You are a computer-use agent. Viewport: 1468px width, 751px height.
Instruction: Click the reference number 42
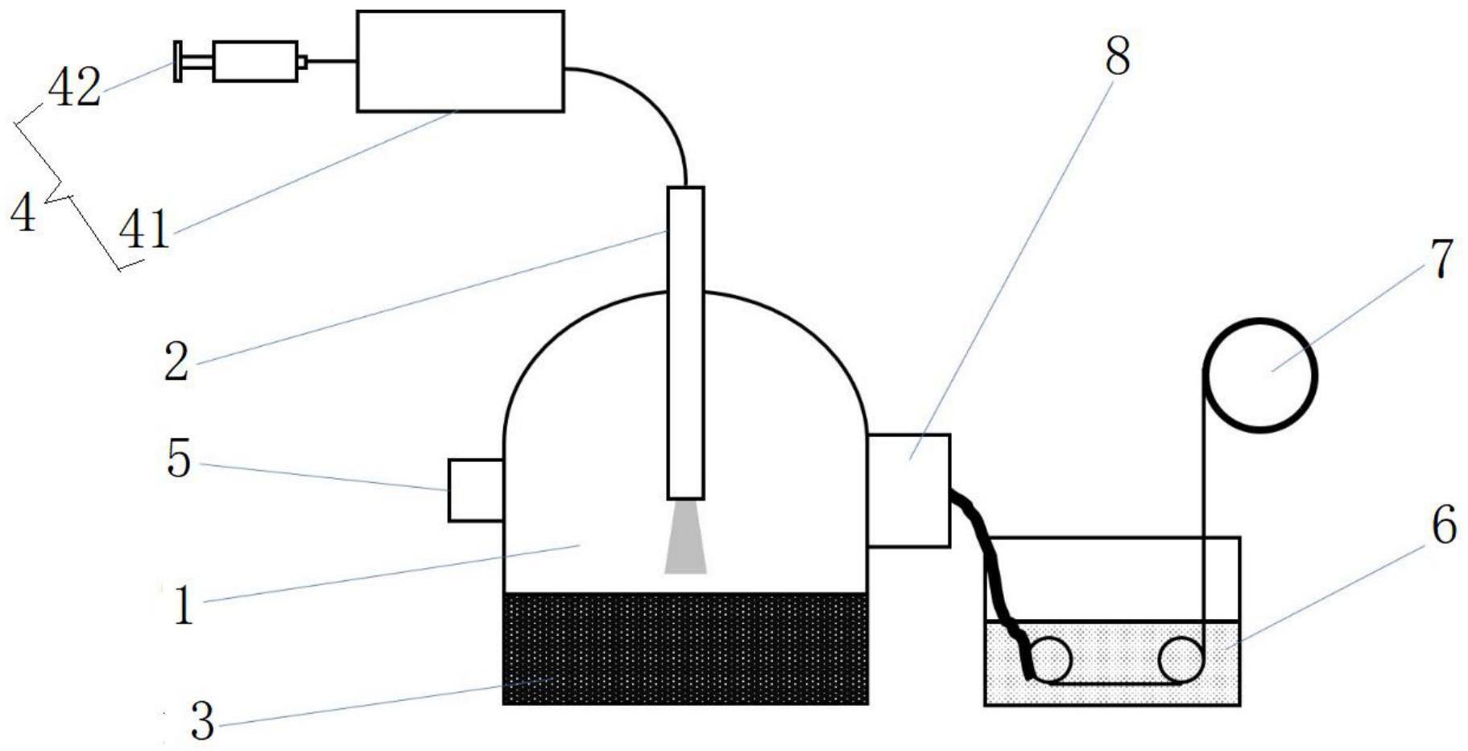74,88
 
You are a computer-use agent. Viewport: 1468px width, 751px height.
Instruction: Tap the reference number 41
144,229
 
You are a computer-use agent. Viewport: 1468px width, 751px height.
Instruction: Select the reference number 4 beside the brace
23,213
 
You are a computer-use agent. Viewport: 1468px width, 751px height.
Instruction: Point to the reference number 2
176,361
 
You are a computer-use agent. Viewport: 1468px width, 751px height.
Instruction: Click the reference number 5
179,460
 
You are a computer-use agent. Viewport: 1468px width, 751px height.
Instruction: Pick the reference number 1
184,606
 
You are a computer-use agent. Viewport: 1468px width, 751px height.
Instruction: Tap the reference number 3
203,721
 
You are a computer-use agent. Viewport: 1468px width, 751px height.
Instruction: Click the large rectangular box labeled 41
460,61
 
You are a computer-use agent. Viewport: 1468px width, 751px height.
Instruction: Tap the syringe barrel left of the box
254,61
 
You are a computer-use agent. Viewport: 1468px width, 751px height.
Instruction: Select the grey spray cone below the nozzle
685,539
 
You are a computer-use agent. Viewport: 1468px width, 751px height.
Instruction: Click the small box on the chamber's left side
476,490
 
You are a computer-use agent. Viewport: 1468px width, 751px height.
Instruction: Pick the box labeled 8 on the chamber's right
908,490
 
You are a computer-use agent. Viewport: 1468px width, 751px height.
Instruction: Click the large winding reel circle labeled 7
1260,375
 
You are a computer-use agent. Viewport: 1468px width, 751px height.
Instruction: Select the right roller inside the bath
1181,660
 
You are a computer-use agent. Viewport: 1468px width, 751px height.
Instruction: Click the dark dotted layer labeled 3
685,649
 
